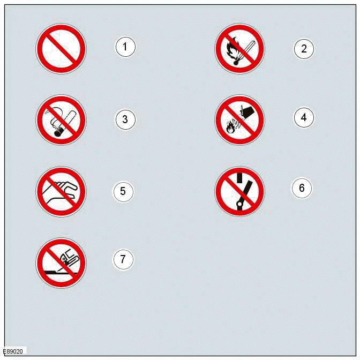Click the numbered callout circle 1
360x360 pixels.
pyautogui.click(x=125, y=47)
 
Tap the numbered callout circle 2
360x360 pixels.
pyautogui.click(x=304, y=49)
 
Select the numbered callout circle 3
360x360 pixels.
pyautogui.click(x=125, y=119)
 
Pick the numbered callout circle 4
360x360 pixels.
pyautogui.click(x=304, y=117)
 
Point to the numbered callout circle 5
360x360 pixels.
pyautogui.click(x=123, y=191)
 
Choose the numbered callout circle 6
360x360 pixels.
pyautogui.click(x=302, y=188)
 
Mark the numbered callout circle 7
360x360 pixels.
pyautogui.click(x=123, y=259)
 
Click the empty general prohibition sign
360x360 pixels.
pyautogui.click(x=61, y=49)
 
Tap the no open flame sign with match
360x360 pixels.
pyautogui.click(x=239, y=49)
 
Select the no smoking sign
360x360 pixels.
pyautogui.click(x=61, y=120)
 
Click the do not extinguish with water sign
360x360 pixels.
pyautogui.click(x=239, y=120)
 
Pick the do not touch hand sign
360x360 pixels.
pyautogui.click(x=61, y=192)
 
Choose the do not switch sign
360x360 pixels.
pyautogui.click(x=239, y=192)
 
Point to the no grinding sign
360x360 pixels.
pyautogui.click(x=61, y=263)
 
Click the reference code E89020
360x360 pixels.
pyautogui.click(x=13, y=351)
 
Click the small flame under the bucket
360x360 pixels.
pyautogui.click(x=230, y=129)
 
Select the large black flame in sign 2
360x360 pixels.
pyautogui.click(x=232, y=49)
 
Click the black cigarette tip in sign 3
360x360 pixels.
pyautogui.click(x=57, y=132)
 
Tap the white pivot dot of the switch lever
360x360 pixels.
pyautogui.click(x=239, y=204)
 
